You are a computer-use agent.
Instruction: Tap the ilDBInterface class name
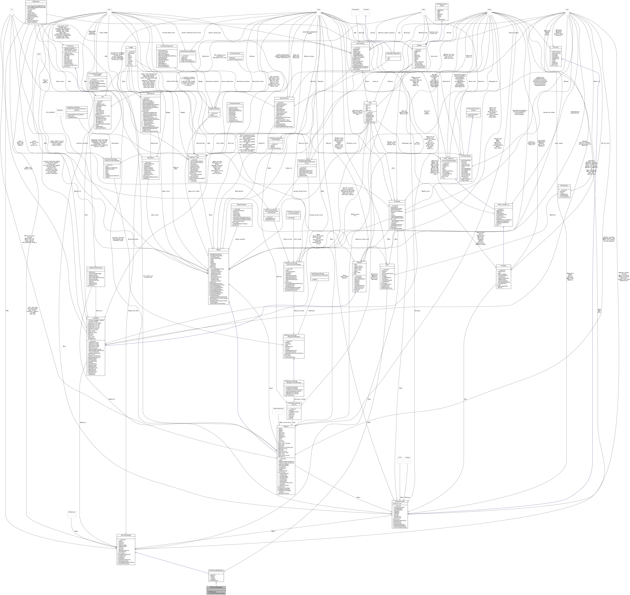(x=36, y=1)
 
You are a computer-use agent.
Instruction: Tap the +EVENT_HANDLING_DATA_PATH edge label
(x=191, y=33)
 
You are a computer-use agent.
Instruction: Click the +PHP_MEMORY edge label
(x=50, y=112)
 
